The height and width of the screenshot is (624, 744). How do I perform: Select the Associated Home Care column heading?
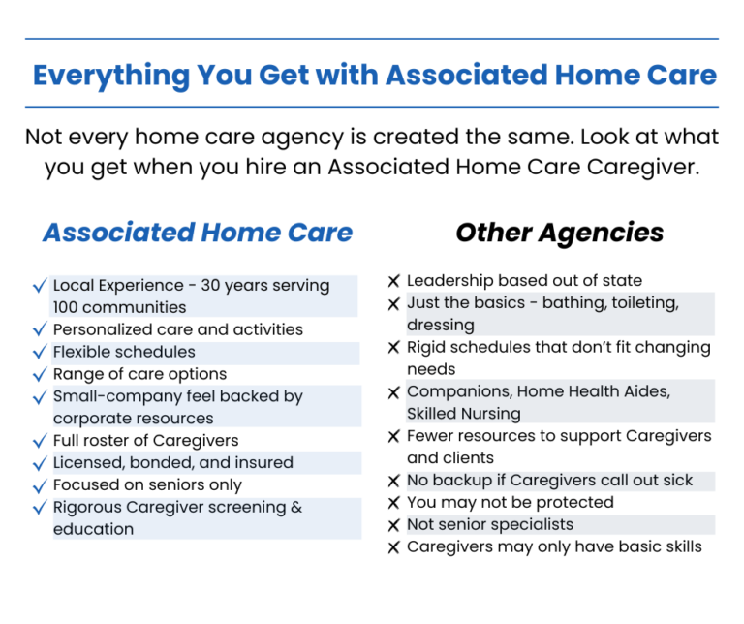[x=198, y=233]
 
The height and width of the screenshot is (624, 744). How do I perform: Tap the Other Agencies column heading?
[x=559, y=233]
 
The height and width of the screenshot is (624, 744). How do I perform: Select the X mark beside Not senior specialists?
[x=394, y=526]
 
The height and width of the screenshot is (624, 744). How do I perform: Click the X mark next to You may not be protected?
[x=394, y=504]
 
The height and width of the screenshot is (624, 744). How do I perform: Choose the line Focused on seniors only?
[x=147, y=485]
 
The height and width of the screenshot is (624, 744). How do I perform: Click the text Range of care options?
[x=139, y=374]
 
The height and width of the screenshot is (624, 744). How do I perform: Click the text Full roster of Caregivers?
[x=146, y=441]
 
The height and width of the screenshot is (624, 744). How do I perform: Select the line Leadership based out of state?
[x=524, y=281]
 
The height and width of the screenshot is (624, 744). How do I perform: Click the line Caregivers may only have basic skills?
[x=554, y=547]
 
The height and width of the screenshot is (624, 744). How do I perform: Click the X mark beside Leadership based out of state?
[x=394, y=282]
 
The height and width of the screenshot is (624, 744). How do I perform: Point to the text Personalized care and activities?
[x=177, y=330]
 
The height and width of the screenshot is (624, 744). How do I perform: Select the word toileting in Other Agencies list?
[x=636, y=303]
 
